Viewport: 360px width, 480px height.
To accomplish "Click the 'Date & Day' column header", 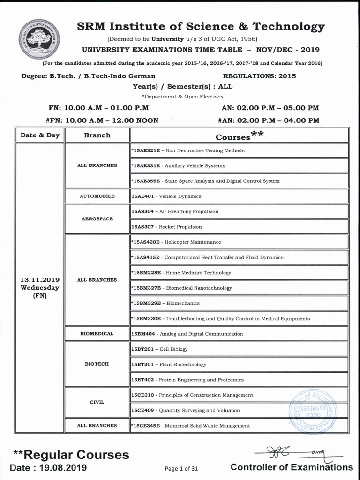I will tap(40, 135).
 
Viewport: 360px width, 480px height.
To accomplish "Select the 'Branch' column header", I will tap(97, 135).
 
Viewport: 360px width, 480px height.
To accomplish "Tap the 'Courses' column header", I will tap(239, 136).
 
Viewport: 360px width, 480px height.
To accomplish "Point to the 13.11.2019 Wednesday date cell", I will tap(40, 287).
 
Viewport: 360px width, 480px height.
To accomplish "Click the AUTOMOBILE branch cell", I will tap(97, 196).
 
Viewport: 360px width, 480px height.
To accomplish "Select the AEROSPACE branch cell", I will tap(97, 219).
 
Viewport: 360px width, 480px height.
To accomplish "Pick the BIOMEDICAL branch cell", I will tap(97, 334).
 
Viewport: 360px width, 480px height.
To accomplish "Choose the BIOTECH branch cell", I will tap(97, 364).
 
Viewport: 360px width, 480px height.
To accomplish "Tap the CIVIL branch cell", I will tap(97, 402).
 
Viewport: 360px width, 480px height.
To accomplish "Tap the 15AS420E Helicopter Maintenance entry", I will tap(176, 242).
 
